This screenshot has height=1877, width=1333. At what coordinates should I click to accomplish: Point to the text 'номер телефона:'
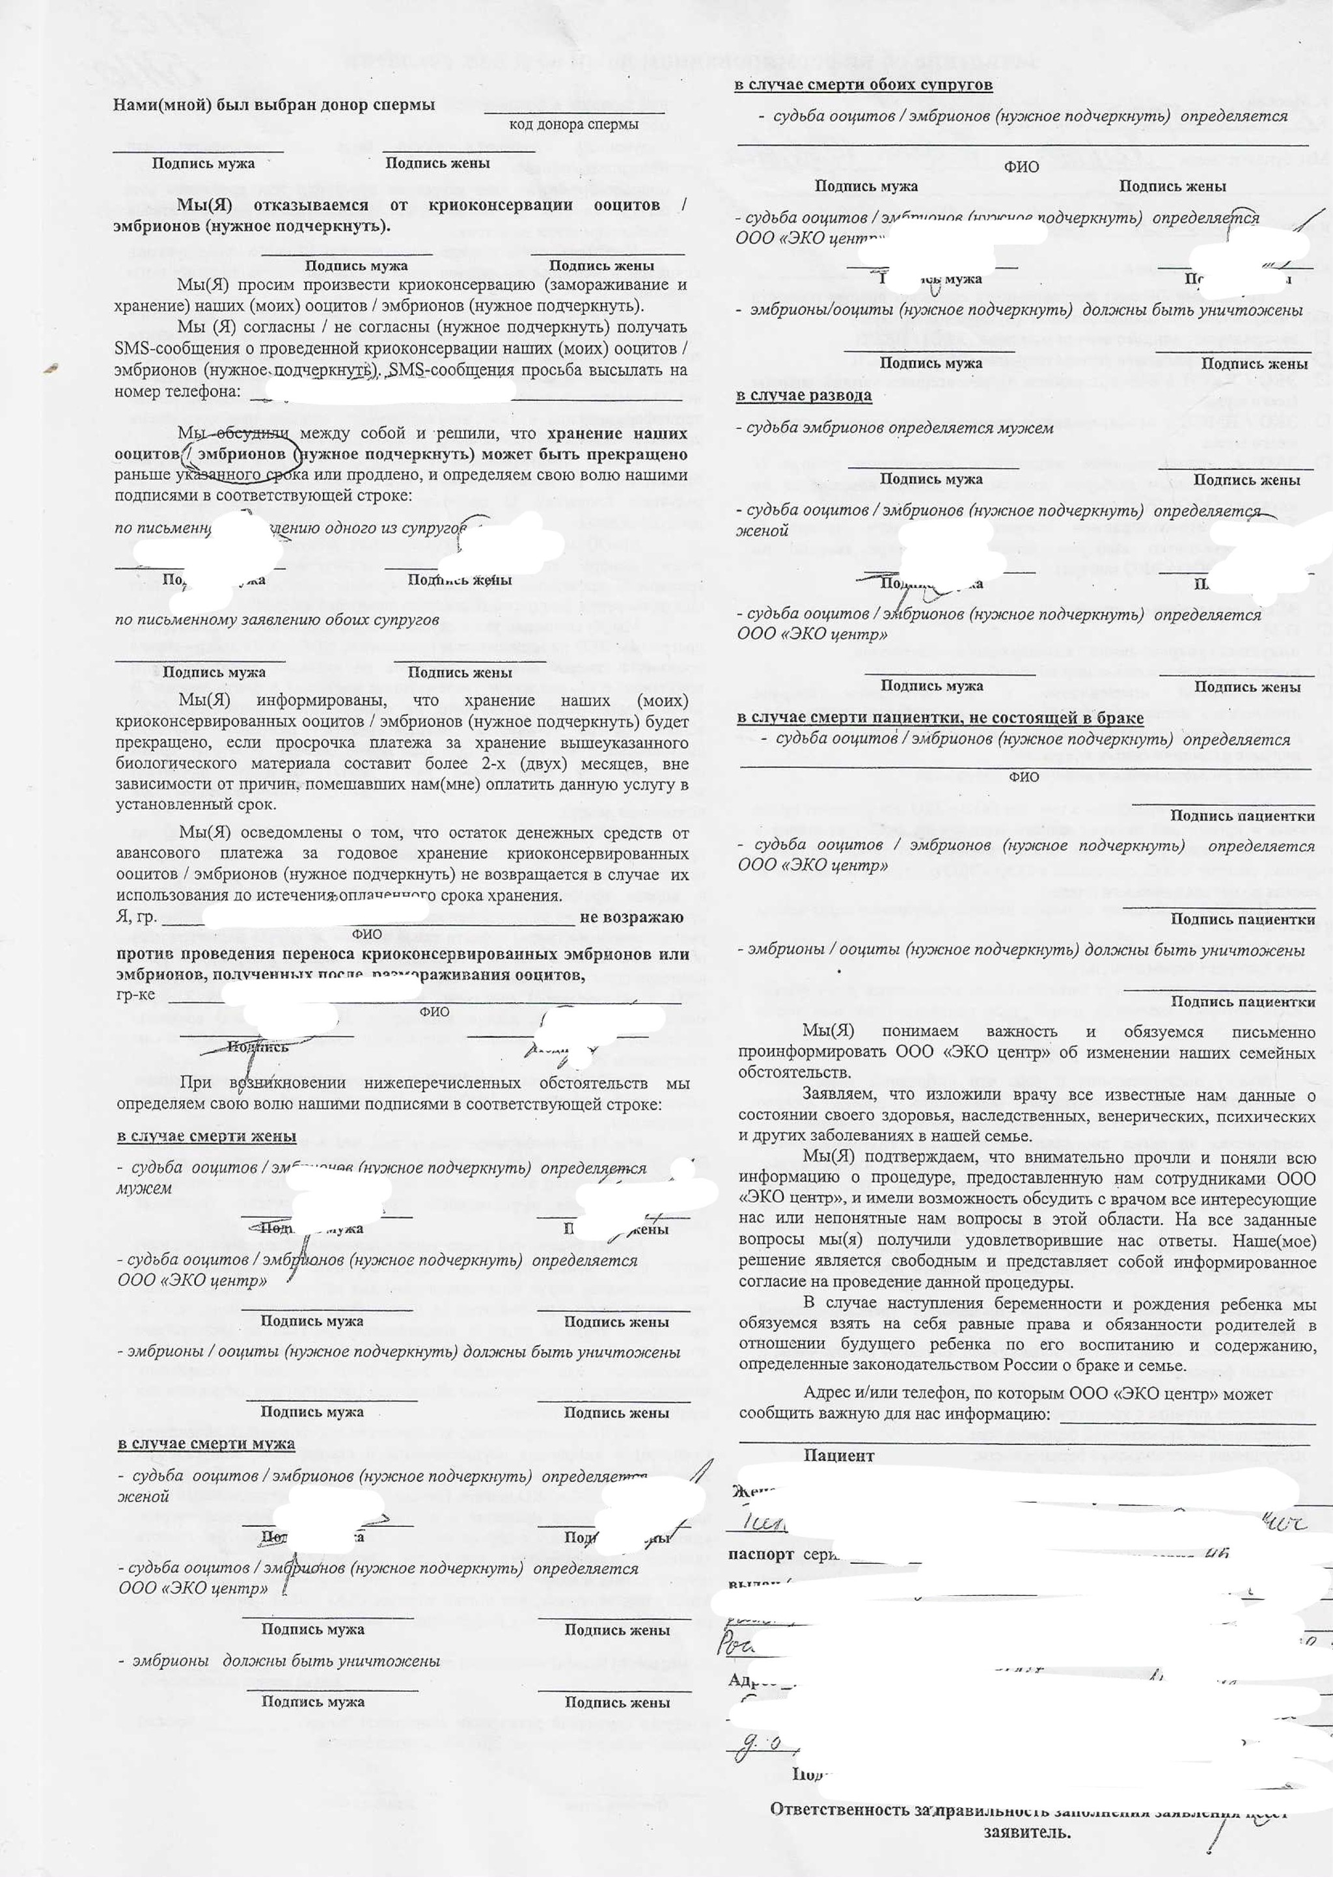[177, 392]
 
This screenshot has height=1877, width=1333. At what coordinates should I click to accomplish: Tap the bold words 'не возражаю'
[631, 918]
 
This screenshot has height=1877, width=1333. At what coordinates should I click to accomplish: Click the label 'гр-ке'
[135, 994]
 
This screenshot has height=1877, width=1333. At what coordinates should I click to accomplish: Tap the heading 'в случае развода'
[804, 396]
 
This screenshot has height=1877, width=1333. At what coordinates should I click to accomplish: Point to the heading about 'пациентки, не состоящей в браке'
[940, 717]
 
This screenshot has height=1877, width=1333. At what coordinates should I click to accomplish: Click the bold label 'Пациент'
[839, 1455]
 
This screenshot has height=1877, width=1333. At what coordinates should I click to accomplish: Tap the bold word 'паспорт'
[760, 1554]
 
